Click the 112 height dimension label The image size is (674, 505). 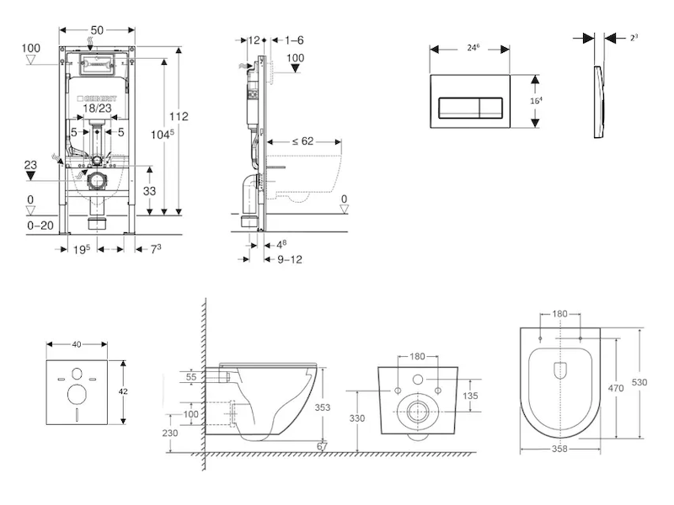179,117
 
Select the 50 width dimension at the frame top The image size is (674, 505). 98,29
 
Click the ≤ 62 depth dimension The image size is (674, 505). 302,141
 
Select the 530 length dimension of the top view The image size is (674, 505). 640,382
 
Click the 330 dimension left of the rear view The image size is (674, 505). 357,417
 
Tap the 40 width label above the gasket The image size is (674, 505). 78,343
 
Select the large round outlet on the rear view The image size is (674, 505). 417,412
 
